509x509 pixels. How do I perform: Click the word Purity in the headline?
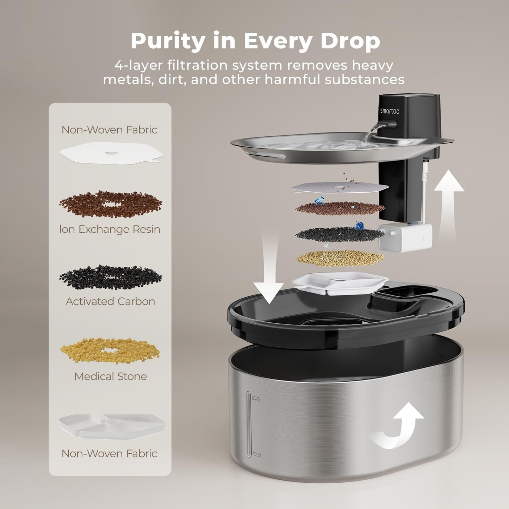tap(167, 41)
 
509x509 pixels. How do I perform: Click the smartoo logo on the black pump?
tap(390, 111)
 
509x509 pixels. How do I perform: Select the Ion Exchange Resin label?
tap(110, 229)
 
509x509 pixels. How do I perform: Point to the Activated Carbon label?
tap(110, 302)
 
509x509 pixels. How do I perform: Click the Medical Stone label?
tap(110, 376)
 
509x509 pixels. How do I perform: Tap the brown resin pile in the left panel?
tap(111, 204)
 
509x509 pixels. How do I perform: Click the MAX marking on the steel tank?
tap(256, 399)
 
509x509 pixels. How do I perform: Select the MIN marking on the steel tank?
tap(256, 454)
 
